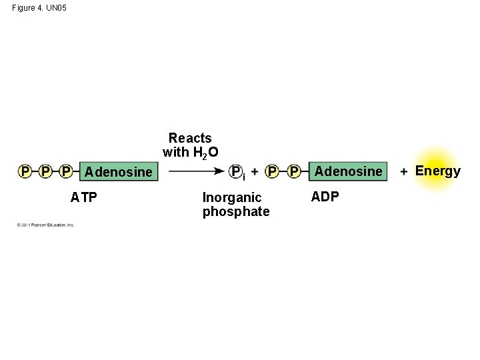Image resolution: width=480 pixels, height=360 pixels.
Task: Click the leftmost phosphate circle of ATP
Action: (x=25, y=171)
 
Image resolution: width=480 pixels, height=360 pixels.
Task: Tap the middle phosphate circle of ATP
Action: (x=45, y=171)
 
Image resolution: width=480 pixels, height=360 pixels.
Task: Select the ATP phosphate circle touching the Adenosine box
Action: (x=65, y=171)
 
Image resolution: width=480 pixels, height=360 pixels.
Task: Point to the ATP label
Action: (x=84, y=197)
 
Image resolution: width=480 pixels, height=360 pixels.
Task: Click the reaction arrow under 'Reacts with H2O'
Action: (x=196, y=171)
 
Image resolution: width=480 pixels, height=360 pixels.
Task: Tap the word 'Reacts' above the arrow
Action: (x=190, y=138)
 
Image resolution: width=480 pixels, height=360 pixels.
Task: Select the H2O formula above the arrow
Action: (x=205, y=153)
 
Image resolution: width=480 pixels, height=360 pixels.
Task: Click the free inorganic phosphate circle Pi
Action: (x=235, y=171)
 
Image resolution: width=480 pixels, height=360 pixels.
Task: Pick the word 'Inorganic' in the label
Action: (x=232, y=197)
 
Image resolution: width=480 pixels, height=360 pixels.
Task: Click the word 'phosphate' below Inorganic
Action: (x=236, y=212)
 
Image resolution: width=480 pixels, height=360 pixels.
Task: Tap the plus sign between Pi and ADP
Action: (x=255, y=171)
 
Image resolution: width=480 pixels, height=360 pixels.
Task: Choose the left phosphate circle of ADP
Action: (x=273, y=171)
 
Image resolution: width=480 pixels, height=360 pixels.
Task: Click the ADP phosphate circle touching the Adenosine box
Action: (x=294, y=171)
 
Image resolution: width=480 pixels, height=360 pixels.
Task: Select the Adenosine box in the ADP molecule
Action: (x=348, y=171)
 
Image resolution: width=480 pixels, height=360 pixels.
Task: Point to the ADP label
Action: (x=325, y=197)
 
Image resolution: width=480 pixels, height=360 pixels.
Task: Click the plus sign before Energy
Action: (x=404, y=171)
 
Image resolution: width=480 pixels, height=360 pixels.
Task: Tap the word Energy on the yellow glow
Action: (x=438, y=171)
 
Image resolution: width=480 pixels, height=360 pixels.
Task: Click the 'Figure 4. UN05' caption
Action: (x=39, y=8)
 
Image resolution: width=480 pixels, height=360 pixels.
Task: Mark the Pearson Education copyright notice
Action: (x=45, y=225)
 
